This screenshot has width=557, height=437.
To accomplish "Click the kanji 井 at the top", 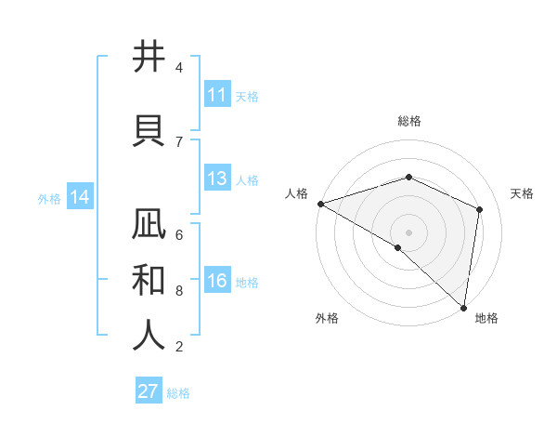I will point(149,58).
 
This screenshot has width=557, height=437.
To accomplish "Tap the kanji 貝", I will point(149,129).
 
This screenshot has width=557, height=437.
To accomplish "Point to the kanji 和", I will point(149,279).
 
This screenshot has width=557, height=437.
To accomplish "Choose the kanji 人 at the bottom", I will point(149,335).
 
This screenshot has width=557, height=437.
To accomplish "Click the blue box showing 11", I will point(217,95).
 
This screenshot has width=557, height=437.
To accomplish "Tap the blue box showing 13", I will point(217,179).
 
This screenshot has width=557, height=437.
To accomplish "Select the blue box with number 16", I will point(217,282).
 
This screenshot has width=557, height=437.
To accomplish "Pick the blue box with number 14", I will point(79,198).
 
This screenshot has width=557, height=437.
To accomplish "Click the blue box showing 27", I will point(148,391).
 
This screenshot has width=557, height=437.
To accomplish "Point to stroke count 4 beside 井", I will point(179,68).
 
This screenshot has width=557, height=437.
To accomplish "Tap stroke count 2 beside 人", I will point(179,347).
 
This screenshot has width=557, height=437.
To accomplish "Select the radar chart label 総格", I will point(408,121).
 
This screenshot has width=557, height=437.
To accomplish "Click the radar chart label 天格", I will point(522,193).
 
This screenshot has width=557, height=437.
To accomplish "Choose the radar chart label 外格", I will point(327,318).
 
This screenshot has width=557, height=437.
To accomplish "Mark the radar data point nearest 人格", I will point(320,204).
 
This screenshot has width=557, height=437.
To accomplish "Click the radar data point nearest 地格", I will point(463,306).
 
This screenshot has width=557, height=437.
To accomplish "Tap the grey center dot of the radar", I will point(408,232).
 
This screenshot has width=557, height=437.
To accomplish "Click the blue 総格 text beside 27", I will point(178,393).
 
